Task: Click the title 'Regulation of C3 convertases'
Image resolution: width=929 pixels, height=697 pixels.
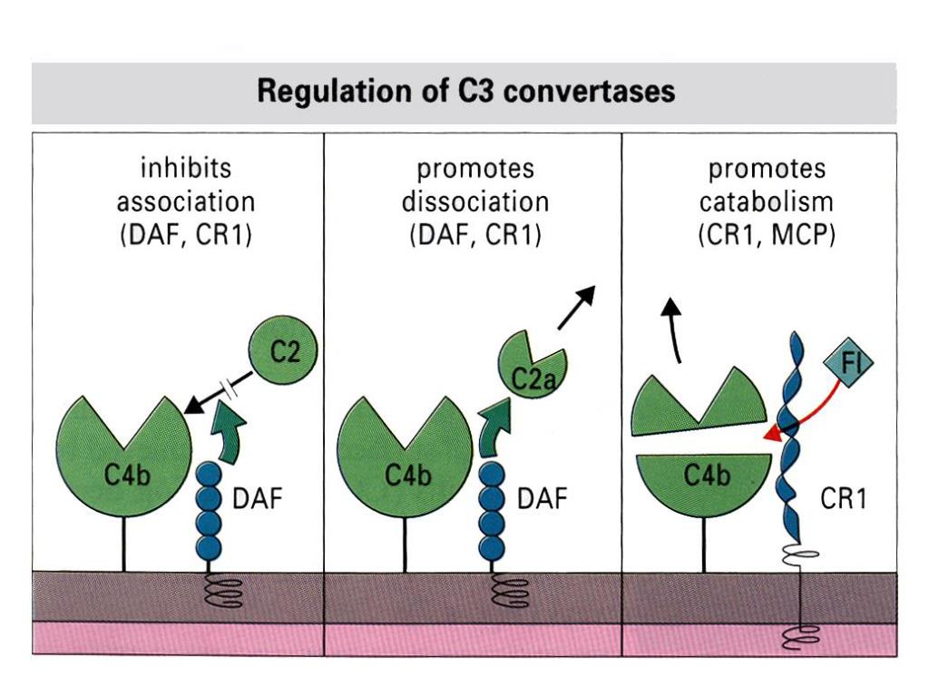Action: [x=465, y=92]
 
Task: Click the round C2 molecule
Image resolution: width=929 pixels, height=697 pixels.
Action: [x=284, y=351]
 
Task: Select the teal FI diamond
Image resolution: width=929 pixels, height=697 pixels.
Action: [x=848, y=362]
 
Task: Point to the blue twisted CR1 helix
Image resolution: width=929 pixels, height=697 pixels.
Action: [x=792, y=437]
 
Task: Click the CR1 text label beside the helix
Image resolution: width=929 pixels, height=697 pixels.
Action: [x=843, y=498]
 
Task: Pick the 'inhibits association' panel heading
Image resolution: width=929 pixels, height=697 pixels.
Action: [x=185, y=201]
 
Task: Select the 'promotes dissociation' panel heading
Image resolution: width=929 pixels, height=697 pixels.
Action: [x=475, y=201]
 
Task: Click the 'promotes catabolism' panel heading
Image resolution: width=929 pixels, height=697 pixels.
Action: [x=767, y=201]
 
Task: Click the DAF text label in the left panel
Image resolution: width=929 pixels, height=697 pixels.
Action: [x=257, y=498]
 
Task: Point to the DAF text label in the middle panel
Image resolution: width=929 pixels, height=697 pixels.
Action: [x=543, y=498]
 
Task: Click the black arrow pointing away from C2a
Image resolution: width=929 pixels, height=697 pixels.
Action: [x=576, y=308]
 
